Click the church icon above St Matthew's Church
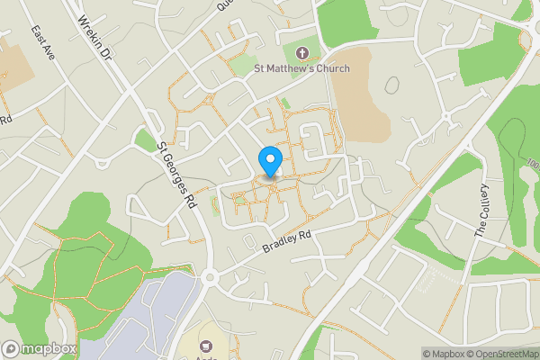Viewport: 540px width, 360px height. [x=301, y=52]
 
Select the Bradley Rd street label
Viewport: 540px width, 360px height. [x=286, y=240]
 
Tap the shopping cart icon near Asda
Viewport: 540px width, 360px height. [x=206, y=346]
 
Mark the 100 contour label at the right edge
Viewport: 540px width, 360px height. [x=534, y=168]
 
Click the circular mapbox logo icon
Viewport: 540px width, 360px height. [x=11, y=348]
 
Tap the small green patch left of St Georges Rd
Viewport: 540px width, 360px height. [x=145, y=139]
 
